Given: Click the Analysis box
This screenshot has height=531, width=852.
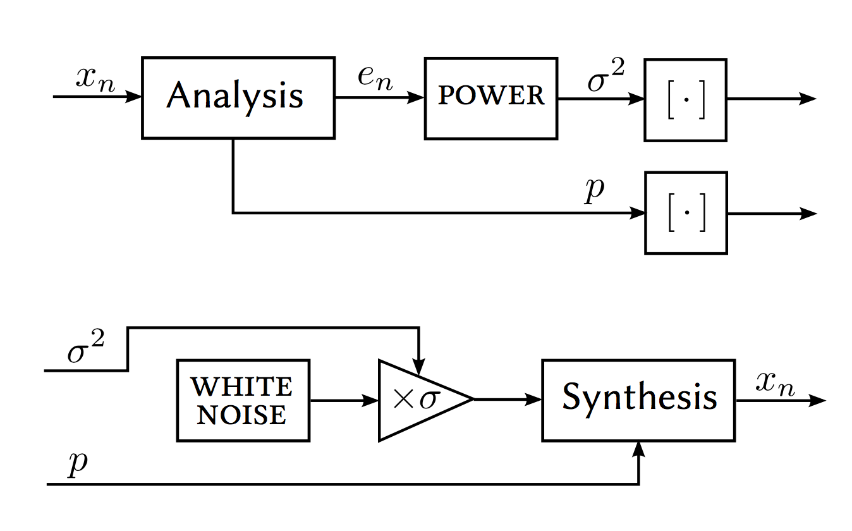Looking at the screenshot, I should (x=238, y=97).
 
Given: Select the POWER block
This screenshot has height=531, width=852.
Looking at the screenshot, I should (x=490, y=98).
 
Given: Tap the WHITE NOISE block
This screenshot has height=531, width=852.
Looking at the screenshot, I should (x=243, y=400).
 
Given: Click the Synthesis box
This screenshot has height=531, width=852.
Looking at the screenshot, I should (x=638, y=400).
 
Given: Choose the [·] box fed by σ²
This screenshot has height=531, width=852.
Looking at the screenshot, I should (x=685, y=99).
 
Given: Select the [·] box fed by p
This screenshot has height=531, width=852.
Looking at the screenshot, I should (x=686, y=213).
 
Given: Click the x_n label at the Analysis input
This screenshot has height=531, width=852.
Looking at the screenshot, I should (x=95, y=79).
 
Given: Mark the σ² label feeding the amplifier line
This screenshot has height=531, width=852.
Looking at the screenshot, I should (x=85, y=350).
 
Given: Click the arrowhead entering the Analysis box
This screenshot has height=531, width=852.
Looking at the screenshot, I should (x=134, y=97).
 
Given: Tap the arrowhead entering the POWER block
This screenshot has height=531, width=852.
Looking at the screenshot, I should (x=417, y=98).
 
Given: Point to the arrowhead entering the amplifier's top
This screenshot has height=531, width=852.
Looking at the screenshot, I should (x=419, y=368).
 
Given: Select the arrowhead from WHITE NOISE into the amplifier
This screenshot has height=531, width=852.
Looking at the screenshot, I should (x=370, y=400).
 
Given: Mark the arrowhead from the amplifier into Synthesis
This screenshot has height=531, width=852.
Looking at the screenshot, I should (x=534, y=400).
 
